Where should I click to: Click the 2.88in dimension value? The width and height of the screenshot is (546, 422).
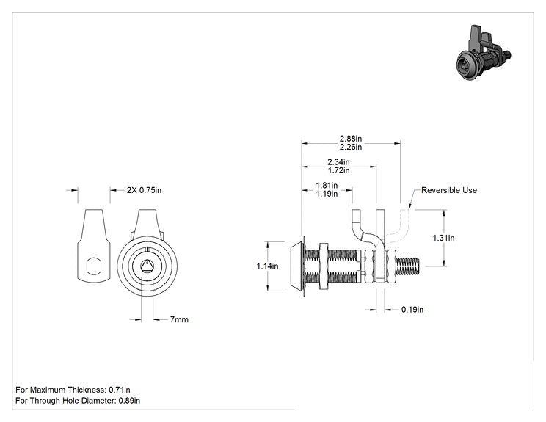coord(351,139)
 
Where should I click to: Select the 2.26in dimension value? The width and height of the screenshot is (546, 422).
coord(351,147)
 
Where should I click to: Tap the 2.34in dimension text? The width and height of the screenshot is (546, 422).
coord(338,162)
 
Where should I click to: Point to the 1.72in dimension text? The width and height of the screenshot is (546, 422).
coord(338,170)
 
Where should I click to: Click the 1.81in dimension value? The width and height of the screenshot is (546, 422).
coord(327,185)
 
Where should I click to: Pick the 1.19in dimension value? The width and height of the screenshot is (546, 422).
coord(327,194)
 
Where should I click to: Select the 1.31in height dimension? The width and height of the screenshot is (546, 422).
coord(443,238)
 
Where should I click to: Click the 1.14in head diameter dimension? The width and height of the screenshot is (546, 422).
coord(267,266)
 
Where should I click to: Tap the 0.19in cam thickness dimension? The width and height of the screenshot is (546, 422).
coord(412,310)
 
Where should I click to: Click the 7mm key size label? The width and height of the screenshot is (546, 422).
coord(179,319)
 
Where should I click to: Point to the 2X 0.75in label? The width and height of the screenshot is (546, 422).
coord(144,190)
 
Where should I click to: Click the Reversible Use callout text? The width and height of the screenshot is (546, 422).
coord(449,190)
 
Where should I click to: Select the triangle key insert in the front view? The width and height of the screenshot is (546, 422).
coord(147,266)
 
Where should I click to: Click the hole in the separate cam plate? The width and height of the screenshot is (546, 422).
coord(94,266)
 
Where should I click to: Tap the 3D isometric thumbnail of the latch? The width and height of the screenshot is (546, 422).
coord(484,53)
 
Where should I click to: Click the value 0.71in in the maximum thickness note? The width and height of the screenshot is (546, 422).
coord(120,390)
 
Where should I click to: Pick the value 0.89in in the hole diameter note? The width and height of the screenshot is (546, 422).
coord(129,401)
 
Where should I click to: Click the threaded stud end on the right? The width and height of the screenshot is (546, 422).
coord(408,266)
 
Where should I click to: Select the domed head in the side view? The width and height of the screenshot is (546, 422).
coord(297,266)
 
